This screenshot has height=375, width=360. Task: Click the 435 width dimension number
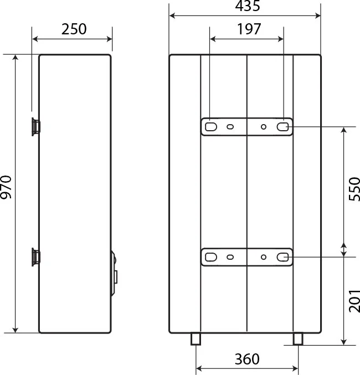248,6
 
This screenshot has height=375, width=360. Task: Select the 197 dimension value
249,29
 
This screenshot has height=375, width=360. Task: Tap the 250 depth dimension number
74,29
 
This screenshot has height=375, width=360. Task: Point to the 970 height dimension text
6,187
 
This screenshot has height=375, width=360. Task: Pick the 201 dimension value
354,301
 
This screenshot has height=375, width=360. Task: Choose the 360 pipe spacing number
247,359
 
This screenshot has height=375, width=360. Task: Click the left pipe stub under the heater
196,339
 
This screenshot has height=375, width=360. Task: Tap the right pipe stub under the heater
298,339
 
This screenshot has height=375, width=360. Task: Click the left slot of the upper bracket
211,127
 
